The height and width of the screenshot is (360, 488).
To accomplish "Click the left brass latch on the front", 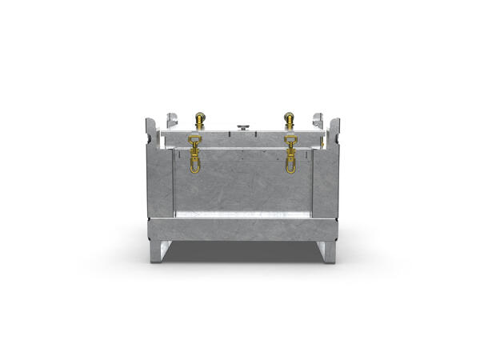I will pos(194,153).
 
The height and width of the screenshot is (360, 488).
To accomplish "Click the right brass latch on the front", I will pos(290,153).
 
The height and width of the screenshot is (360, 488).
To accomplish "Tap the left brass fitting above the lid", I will pos(199,121).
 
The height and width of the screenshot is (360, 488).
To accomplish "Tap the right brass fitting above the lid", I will pos(289,121).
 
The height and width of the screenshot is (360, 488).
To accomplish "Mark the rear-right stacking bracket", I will pos(318,119).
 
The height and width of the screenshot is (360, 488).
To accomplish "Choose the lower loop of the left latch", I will pos(194,166).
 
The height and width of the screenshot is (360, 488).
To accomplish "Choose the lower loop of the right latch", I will pos(290,166).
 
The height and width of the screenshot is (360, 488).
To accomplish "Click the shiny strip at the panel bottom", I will pos(242,214).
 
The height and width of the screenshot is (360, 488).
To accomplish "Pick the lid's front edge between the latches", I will pos(242,145).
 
